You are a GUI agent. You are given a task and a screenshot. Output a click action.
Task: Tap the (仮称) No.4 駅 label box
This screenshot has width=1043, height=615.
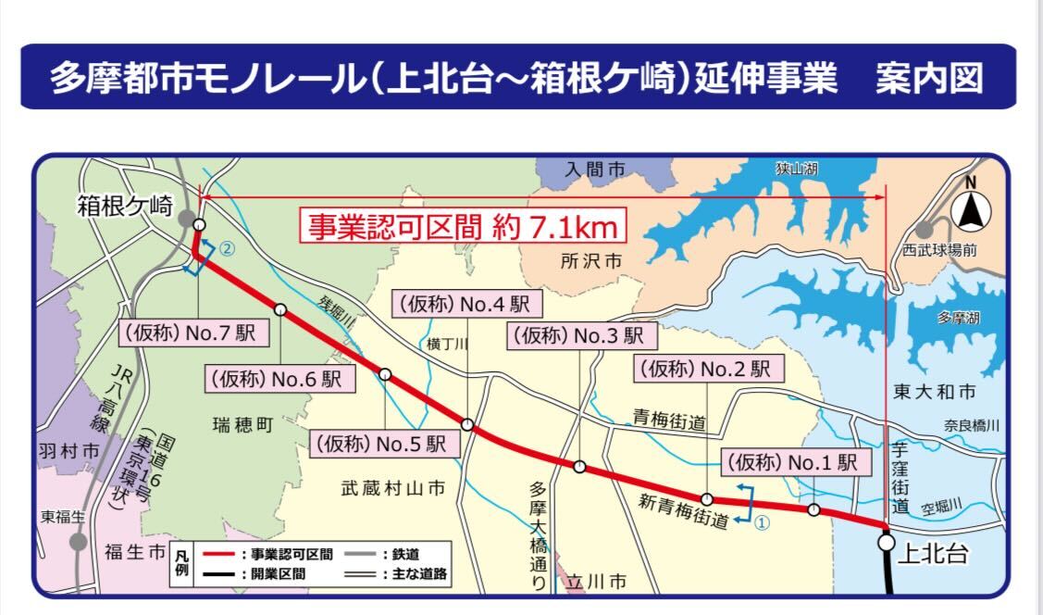tap(467, 304)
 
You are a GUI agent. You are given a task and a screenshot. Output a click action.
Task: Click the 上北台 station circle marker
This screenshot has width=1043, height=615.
tap(887, 543)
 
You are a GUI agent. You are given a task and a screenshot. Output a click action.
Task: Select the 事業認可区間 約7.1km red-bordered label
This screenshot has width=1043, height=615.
tap(462, 225)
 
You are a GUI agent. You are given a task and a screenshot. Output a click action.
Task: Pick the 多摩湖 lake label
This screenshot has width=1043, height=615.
tap(957, 318)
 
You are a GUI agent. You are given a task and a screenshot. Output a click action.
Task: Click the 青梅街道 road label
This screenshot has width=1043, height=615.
tap(669, 422)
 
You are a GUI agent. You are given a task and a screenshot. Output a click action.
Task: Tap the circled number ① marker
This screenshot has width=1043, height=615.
tap(763, 522)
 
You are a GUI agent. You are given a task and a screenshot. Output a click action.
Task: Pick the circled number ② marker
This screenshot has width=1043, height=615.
tap(228, 248)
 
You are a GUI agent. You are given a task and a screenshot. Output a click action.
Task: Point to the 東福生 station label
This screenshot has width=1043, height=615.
tap(62, 516)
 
